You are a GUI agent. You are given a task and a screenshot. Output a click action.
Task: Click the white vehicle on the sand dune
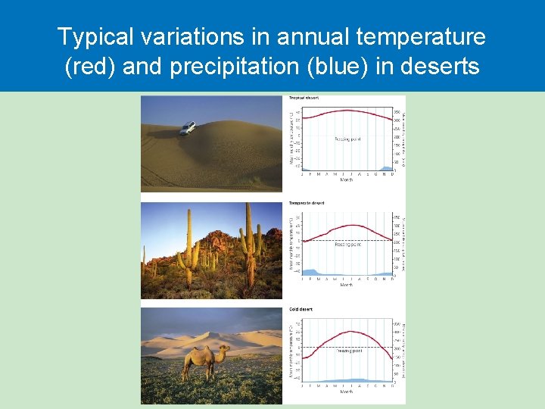pyautogui.click(x=187, y=128)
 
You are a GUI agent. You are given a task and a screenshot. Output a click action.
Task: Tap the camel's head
pyautogui.click(x=225, y=349)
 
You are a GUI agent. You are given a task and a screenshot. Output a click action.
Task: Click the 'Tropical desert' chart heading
pyautogui.click(x=304, y=98)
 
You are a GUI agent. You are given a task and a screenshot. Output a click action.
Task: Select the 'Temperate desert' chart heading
pyautogui.click(x=306, y=204)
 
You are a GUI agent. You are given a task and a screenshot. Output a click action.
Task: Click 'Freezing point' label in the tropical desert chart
pyautogui.click(x=348, y=139)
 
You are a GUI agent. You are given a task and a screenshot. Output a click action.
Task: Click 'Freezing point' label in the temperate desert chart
pyautogui.click(x=347, y=245)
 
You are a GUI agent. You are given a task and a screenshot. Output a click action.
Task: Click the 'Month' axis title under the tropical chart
pyautogui.click(x=347, y=180)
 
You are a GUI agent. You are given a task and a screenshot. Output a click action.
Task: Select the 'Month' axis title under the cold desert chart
pyautogui.click(x=347, y=392)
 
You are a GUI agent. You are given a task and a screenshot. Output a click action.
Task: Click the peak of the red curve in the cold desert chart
pyautogui.click(x=350, y=332)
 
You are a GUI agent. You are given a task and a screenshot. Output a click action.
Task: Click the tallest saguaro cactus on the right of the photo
pyautogui.click(x=248, y=242)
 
